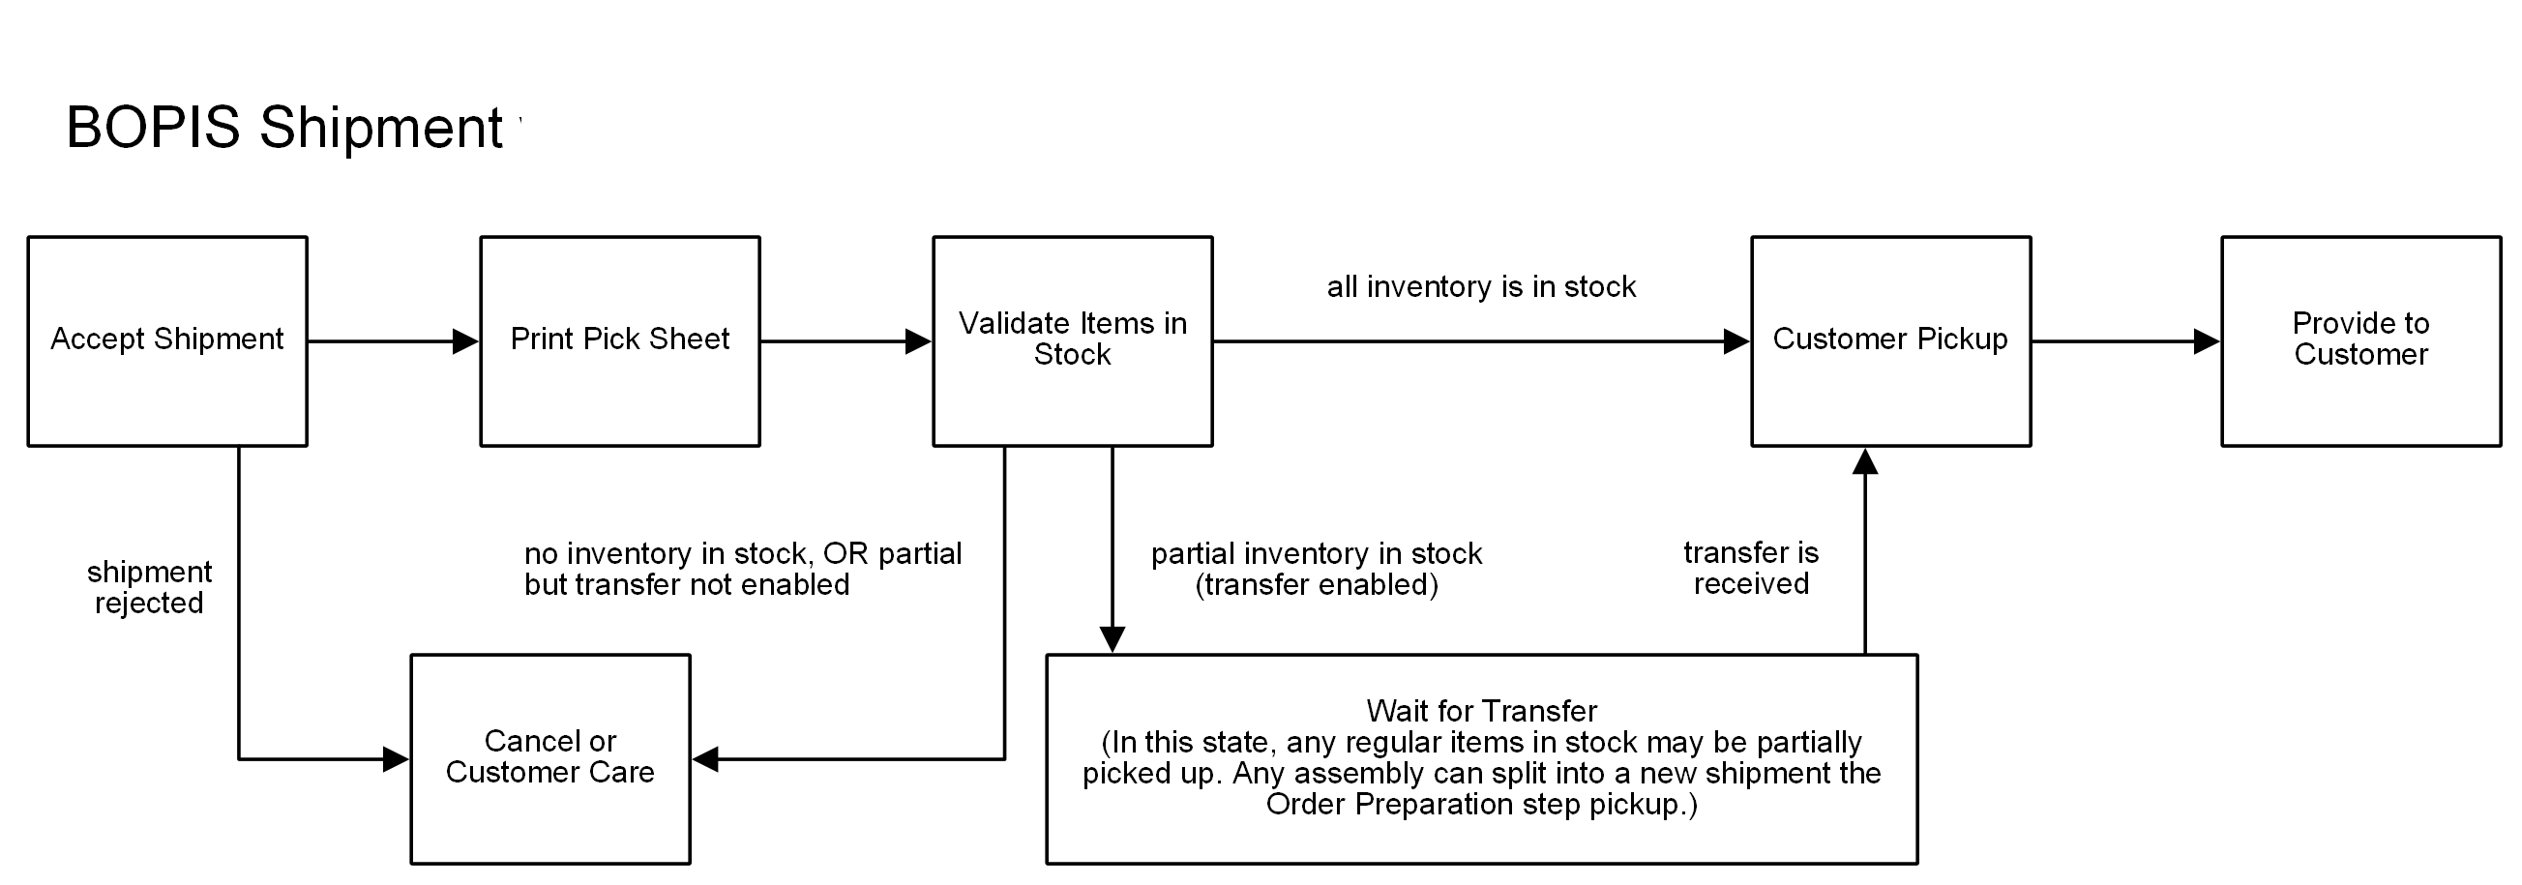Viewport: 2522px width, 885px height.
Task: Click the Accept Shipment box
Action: tap(167, 340)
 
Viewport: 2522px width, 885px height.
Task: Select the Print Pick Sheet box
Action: tap(620, 340)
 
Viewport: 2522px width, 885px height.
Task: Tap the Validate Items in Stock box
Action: tap(1072, 340)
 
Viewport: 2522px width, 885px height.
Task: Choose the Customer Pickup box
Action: tap(1889, 340)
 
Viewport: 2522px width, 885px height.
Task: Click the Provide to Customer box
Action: tap(2360, 340)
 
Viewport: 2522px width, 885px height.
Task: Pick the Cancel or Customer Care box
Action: tap(550, 757)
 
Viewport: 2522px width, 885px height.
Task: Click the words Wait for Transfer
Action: tap(1481, 711)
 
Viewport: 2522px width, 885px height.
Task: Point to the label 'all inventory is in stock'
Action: tap(1480, 287)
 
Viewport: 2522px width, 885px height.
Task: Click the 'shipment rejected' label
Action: tap(149, 586)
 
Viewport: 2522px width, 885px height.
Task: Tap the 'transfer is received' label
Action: tap(1751, 568)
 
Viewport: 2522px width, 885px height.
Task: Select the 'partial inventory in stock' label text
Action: tap(1316, 554)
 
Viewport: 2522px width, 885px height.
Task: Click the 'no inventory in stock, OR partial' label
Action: tap(742, 554)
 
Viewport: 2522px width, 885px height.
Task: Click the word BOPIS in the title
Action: tap(153, 128)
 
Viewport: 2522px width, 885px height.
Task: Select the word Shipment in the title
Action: tap(381, 128)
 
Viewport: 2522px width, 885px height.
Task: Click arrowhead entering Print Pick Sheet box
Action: tap(466, 341)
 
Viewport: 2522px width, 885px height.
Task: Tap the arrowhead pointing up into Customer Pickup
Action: tap(1865, 462)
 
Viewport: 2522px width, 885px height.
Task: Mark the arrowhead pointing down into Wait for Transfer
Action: tap(1113, 639)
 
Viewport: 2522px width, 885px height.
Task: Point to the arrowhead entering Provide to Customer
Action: tap(2207, 341)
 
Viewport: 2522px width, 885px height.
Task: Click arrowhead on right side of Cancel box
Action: tap(706, 758)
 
